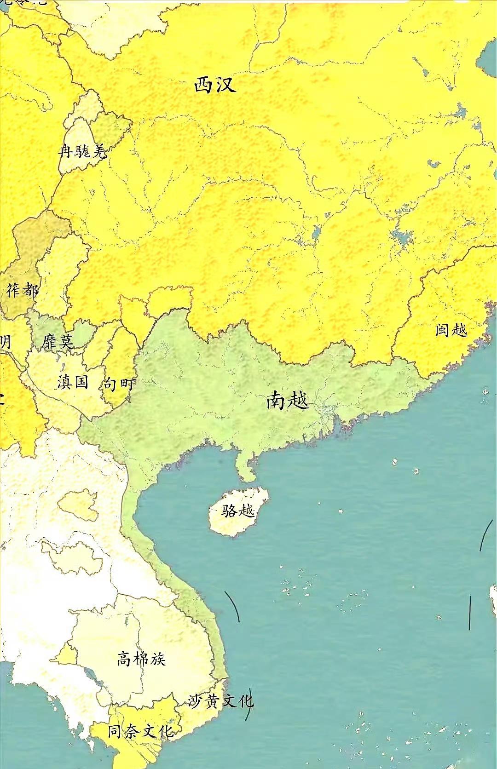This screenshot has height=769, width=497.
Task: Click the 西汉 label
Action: (x=215, y=85)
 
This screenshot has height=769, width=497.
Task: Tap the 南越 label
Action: (x=288, y=401)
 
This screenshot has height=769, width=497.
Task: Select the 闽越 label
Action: (x=451, y=330)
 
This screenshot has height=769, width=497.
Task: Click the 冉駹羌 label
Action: (x=83, y=151)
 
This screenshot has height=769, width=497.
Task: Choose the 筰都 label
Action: (x=23, y=290)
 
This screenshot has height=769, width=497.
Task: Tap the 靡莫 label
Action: (x=57, y=342)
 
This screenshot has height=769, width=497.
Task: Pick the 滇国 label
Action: (x=73, y=382)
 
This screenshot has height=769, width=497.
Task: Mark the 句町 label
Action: (x=119, y=384)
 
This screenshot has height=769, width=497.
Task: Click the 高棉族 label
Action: (x=141, y=659)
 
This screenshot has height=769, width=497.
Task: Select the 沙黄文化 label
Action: (x=220, y=701)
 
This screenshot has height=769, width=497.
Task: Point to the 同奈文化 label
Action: (x=140, y=731)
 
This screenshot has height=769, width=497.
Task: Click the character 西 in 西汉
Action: (x=204, y=85)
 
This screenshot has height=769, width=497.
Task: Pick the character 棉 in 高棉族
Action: (x=141, y=659)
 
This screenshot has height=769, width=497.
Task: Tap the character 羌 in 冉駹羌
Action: (x=99, y=151)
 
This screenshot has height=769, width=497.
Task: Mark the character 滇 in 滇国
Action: (x=65, y=382)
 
